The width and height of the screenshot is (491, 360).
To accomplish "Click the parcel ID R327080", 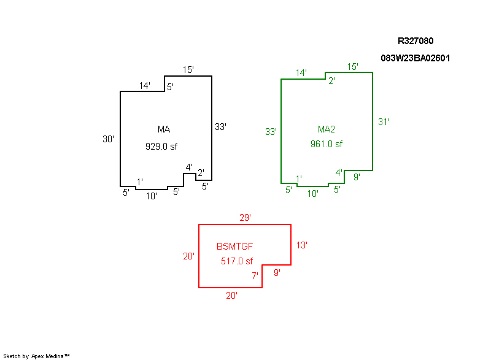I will [x=416, y=41].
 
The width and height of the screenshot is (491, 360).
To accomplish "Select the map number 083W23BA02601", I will [x=416, y=58].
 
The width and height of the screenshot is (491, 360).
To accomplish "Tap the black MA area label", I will [x=163, y=129].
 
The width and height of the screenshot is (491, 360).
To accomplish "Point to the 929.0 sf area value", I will [x=165, y=146].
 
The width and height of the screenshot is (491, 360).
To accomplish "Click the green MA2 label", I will [x=326, y=129].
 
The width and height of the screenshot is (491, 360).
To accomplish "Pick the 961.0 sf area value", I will [x=327, y=144].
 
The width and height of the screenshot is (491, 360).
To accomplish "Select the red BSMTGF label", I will [x=235, y=247].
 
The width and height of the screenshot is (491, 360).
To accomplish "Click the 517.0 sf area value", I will [x=237, y=261].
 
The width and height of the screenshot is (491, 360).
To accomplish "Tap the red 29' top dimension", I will [x=245, y=217].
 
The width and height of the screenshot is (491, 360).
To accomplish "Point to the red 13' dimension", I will [x=301, y=245].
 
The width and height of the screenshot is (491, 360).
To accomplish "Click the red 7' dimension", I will [x=255, y=276].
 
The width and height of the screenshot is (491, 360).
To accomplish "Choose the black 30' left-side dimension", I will [x=108, y=139].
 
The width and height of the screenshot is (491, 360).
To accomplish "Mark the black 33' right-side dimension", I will [x=220, y=127].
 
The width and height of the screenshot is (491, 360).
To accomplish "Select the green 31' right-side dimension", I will [x=384, y=121].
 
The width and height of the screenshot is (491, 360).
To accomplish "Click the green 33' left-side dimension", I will [x=271, y=131].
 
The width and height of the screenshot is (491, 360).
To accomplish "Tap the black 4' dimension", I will [x=189, y=167].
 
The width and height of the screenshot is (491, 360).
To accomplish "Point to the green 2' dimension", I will [x=331, y=80].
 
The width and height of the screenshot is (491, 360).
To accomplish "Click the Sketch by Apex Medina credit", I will [x=36, y=356].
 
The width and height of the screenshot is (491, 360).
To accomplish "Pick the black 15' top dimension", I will [x=188, y=70].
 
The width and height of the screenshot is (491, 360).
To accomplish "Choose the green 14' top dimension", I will [x=301, y=73].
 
